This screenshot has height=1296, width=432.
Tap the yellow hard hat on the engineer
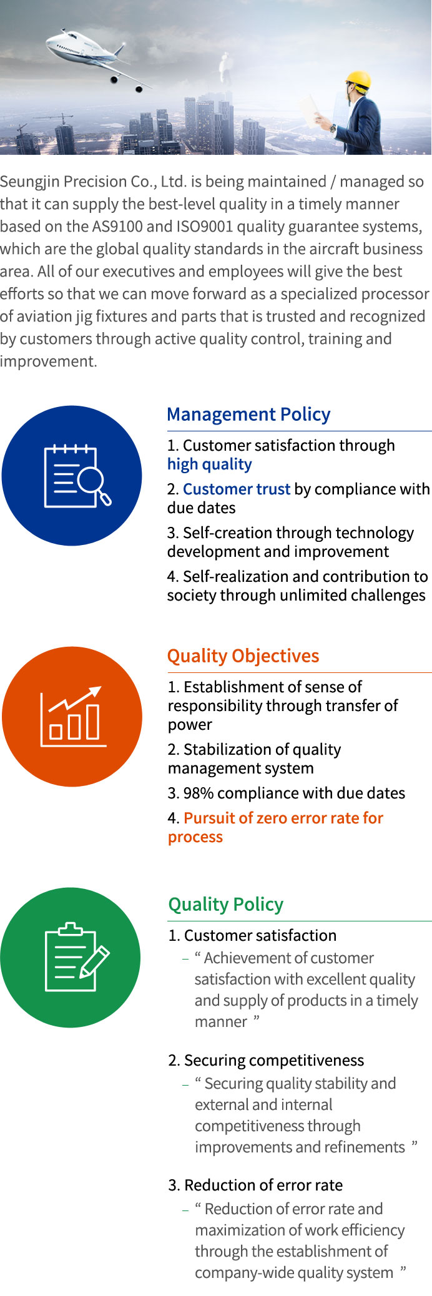click(359, 80)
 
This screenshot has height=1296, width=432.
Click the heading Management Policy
click(248, 415)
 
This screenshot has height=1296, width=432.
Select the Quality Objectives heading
click(243, 656)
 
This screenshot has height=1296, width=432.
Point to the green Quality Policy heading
click(225, 905)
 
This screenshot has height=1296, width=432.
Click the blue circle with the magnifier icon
click(72, 476)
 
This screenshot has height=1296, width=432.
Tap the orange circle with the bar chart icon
click(72, 717)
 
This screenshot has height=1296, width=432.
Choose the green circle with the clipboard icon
click(71, 958)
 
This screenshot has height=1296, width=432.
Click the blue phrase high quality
click(210, 464)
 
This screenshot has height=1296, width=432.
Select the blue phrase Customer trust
click(237, 489)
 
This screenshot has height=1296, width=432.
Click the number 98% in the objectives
click(199, 793)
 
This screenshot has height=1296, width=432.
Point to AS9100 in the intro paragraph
click(117, 227)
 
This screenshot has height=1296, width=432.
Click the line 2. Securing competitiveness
click(266, 1061)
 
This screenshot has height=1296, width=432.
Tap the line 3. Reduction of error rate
click(255, 1186)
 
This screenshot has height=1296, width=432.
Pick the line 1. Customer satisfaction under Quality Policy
click(252, 936)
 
